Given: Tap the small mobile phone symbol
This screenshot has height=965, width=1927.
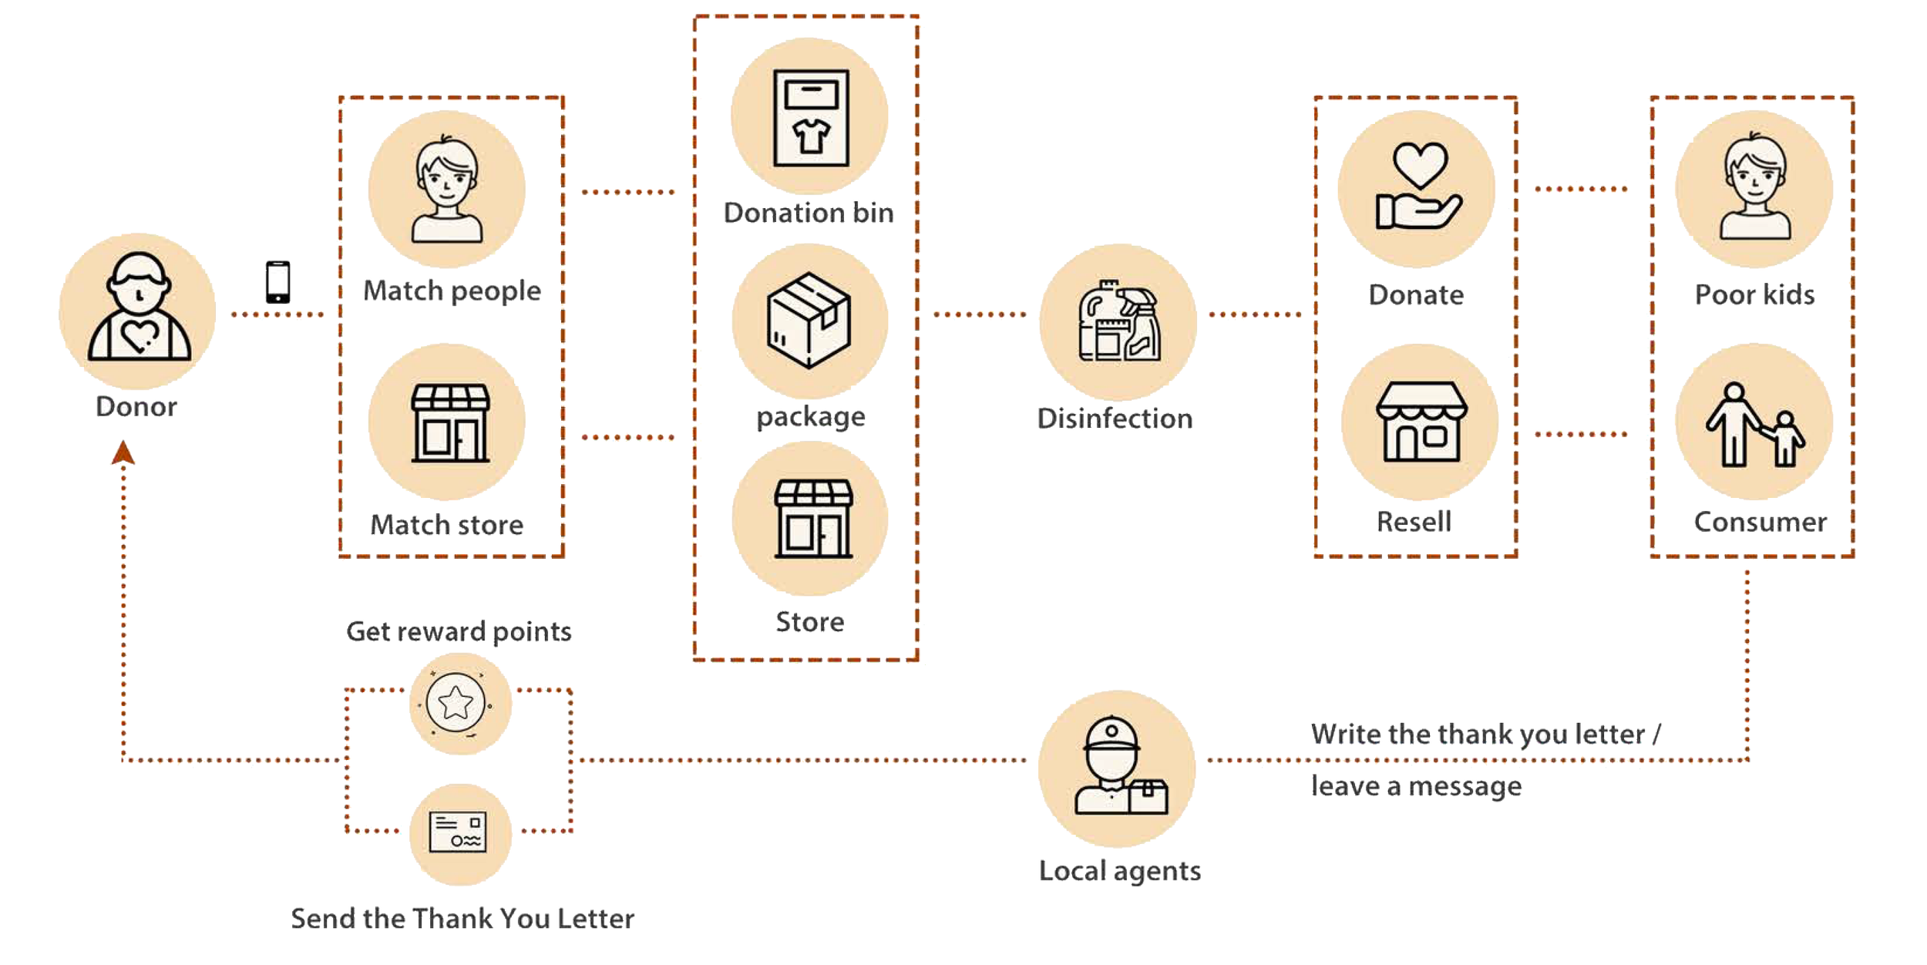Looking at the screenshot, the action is (x=278, y=282).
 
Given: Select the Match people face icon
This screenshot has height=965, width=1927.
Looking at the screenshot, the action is (x=447, y=190).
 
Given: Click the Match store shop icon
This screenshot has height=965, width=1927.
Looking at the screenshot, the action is (x=450, y=422).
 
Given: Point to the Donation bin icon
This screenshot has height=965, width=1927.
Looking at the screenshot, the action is (x=811, y=118).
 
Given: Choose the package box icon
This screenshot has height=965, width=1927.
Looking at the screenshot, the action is (x=809, y=320).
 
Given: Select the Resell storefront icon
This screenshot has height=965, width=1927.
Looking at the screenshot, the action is (x=1421, y=422).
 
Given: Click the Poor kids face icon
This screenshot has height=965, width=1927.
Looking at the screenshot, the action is (x=1755, y=187).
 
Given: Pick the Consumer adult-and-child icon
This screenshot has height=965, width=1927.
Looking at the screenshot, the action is (x=1755, y=425).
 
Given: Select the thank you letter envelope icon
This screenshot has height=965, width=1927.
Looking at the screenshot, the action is (x=458, y=832).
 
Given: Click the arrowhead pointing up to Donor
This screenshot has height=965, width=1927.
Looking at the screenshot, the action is (x=123, y=452).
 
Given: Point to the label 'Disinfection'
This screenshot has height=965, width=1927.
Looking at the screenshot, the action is (x=1115, y=419).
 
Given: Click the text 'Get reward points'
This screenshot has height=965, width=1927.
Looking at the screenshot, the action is (x=459, y=632).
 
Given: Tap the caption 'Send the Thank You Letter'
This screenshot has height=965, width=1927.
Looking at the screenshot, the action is (x=462, y=919).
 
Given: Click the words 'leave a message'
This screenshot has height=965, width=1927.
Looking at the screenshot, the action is (x=1417, y=786).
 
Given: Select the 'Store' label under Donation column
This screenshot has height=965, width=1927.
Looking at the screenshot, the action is (x=810, y=622).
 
